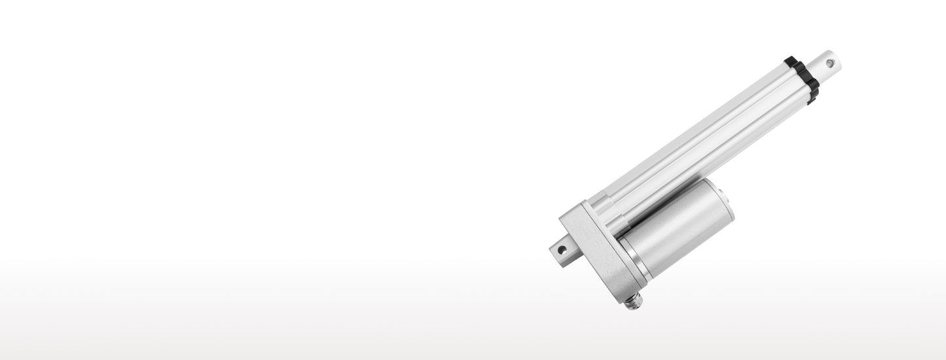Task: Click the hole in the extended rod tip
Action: point(830,63)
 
